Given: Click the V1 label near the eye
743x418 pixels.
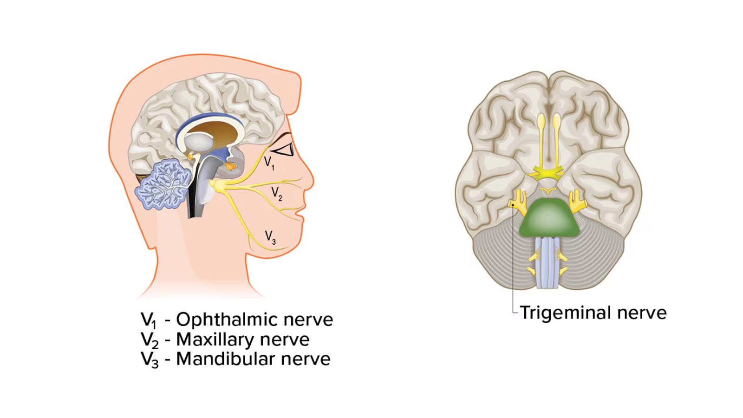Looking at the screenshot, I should (x=269, y=163).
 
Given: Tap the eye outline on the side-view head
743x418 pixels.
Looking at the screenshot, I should (x=283, y=149).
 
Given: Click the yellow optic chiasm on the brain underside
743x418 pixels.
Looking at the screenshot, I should (x=549, y=173).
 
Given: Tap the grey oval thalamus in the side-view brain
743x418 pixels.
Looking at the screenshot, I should (x=199, y=142).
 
